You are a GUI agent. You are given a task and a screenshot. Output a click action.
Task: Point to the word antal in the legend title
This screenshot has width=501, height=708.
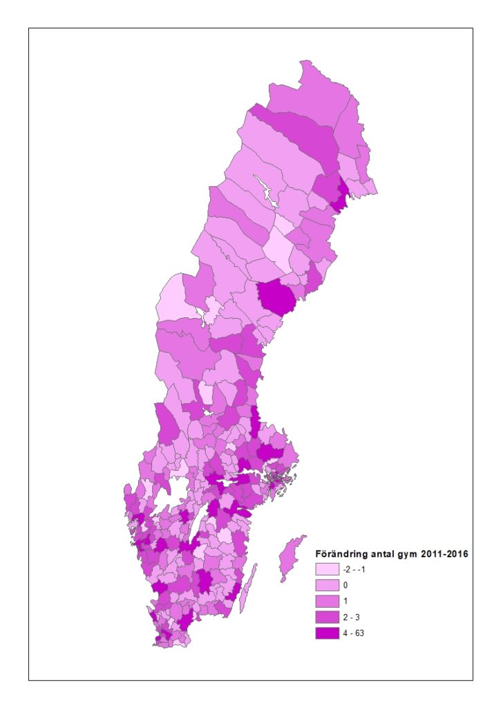pyautogui.click(x=380, y=554)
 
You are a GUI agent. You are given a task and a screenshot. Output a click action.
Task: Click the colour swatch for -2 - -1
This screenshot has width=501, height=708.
pyautogui.click(x=327, y=570)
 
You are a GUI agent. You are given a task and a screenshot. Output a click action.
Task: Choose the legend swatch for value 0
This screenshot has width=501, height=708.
pyautogui.click(x=327, y=586)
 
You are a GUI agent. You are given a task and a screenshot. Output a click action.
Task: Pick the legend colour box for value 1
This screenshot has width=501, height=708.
pyautogui.click(x=327, y=601)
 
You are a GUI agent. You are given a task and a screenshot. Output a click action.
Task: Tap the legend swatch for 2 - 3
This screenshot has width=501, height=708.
pyautogui.click(x=327, y=617)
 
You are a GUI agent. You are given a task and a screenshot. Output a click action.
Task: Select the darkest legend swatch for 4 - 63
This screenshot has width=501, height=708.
pyautogui.click(x=327, y=633)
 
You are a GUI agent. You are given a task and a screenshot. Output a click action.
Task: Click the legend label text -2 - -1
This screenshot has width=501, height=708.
pyautogui.click(x=353, y=570)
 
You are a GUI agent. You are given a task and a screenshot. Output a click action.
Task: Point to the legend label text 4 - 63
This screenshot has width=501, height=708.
pyautogui.click(x=353, y=633)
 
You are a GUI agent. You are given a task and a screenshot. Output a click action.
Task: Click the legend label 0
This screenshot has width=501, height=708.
pyautogui.click(x=346, y=586)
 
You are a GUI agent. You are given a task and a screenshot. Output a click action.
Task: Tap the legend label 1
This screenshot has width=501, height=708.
pyautogui.click(x=346, y=601)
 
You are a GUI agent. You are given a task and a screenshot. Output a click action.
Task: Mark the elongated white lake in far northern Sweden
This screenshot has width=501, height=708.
pyautogui.click(x=265, y=190)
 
